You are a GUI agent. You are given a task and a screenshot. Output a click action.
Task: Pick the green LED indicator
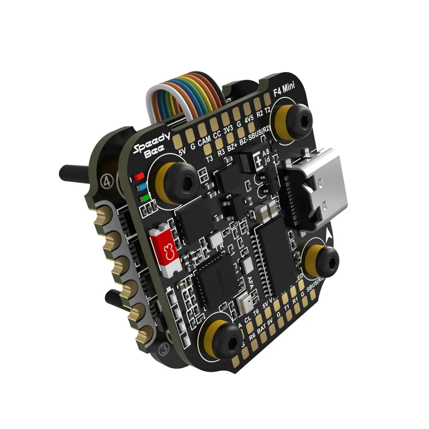point(145,198)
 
